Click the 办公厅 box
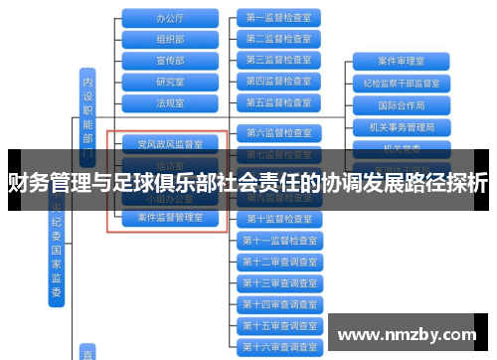170,18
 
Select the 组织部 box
170,39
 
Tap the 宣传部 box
170,60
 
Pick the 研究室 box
170,82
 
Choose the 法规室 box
170,102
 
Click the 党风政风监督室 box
170,144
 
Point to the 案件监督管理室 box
170,218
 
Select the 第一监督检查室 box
278,18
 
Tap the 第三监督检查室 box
278,60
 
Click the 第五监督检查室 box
278,102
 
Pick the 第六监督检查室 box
278,132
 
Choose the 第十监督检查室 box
278,219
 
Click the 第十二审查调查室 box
278,262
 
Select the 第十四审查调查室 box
278,304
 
